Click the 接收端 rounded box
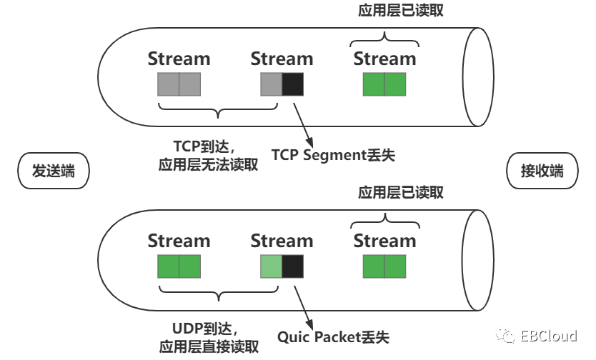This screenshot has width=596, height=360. coord(541,171)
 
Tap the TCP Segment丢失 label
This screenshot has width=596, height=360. coord(333,154)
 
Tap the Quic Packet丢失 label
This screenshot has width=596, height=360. coord(333,336)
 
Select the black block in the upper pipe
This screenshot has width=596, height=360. coord(293,85)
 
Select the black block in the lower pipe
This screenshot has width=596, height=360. coord(293,267)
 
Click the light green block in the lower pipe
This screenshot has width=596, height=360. coord(272,267)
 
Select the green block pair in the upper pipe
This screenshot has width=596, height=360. coord(384,85)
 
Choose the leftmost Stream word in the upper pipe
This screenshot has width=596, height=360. coord(179,59)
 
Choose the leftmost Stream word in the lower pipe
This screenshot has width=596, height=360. coord(179,241)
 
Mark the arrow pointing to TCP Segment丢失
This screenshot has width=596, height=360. coord(302,121)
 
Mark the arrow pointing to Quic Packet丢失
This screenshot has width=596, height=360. coord(302,304)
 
